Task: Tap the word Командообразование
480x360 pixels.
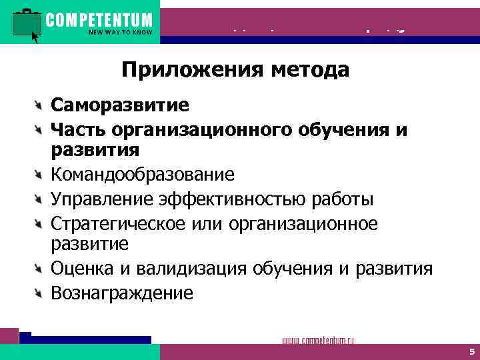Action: tap(143, 175)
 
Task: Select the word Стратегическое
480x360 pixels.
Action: tap(119, 223)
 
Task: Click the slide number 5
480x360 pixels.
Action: tap(471, 351)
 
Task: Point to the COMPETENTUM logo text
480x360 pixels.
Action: tap(99, 20)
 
